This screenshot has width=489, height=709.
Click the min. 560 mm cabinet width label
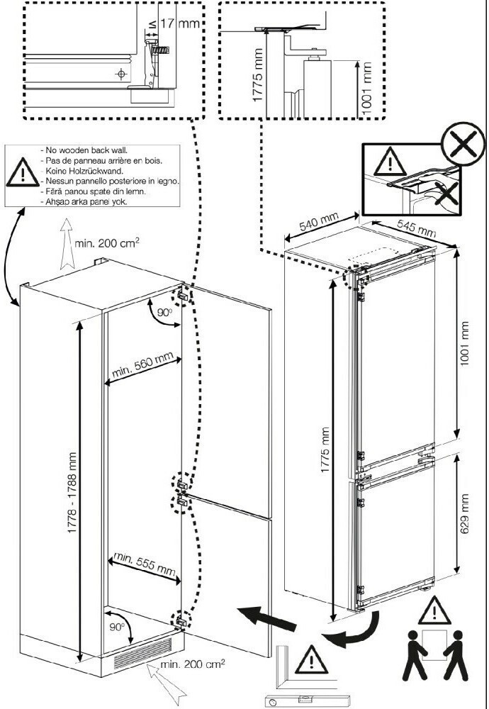142,369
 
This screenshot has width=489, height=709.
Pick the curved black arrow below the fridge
352,632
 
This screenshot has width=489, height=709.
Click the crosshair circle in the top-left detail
121,73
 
